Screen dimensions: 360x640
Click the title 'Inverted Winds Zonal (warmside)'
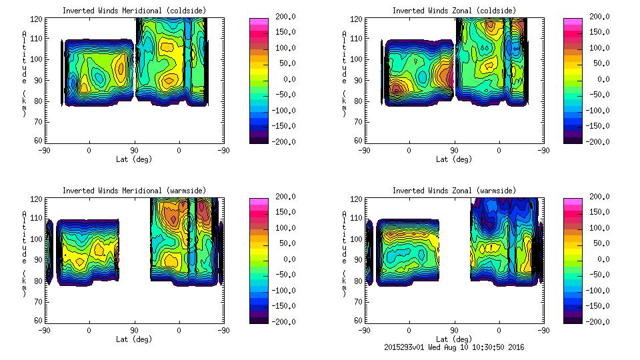[x=454, y=191]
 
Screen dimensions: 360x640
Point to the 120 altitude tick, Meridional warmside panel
[x=37, y=200]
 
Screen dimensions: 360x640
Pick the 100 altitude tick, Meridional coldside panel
[x=37, y=59]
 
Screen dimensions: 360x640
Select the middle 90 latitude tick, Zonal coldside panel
[x=455, y=151]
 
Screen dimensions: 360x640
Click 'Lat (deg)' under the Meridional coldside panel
[x=134, y=159]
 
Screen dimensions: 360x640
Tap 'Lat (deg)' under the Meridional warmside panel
[x=134, y=339]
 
